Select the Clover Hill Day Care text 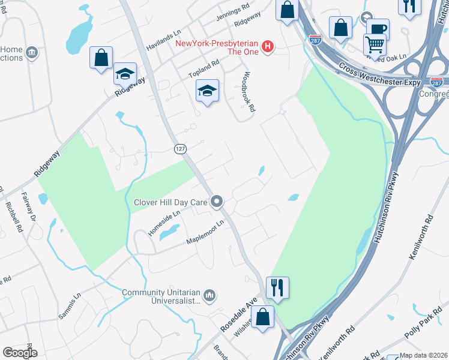click(x=172, y=202)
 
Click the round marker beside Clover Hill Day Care click(x=218, y=202)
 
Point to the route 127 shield click(x=180, y=148)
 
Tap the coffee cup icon click(x=378, y=29)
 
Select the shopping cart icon click(x=375, y=44)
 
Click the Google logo click(x=20, y=353)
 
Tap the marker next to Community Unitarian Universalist click(x=209, y=295)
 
